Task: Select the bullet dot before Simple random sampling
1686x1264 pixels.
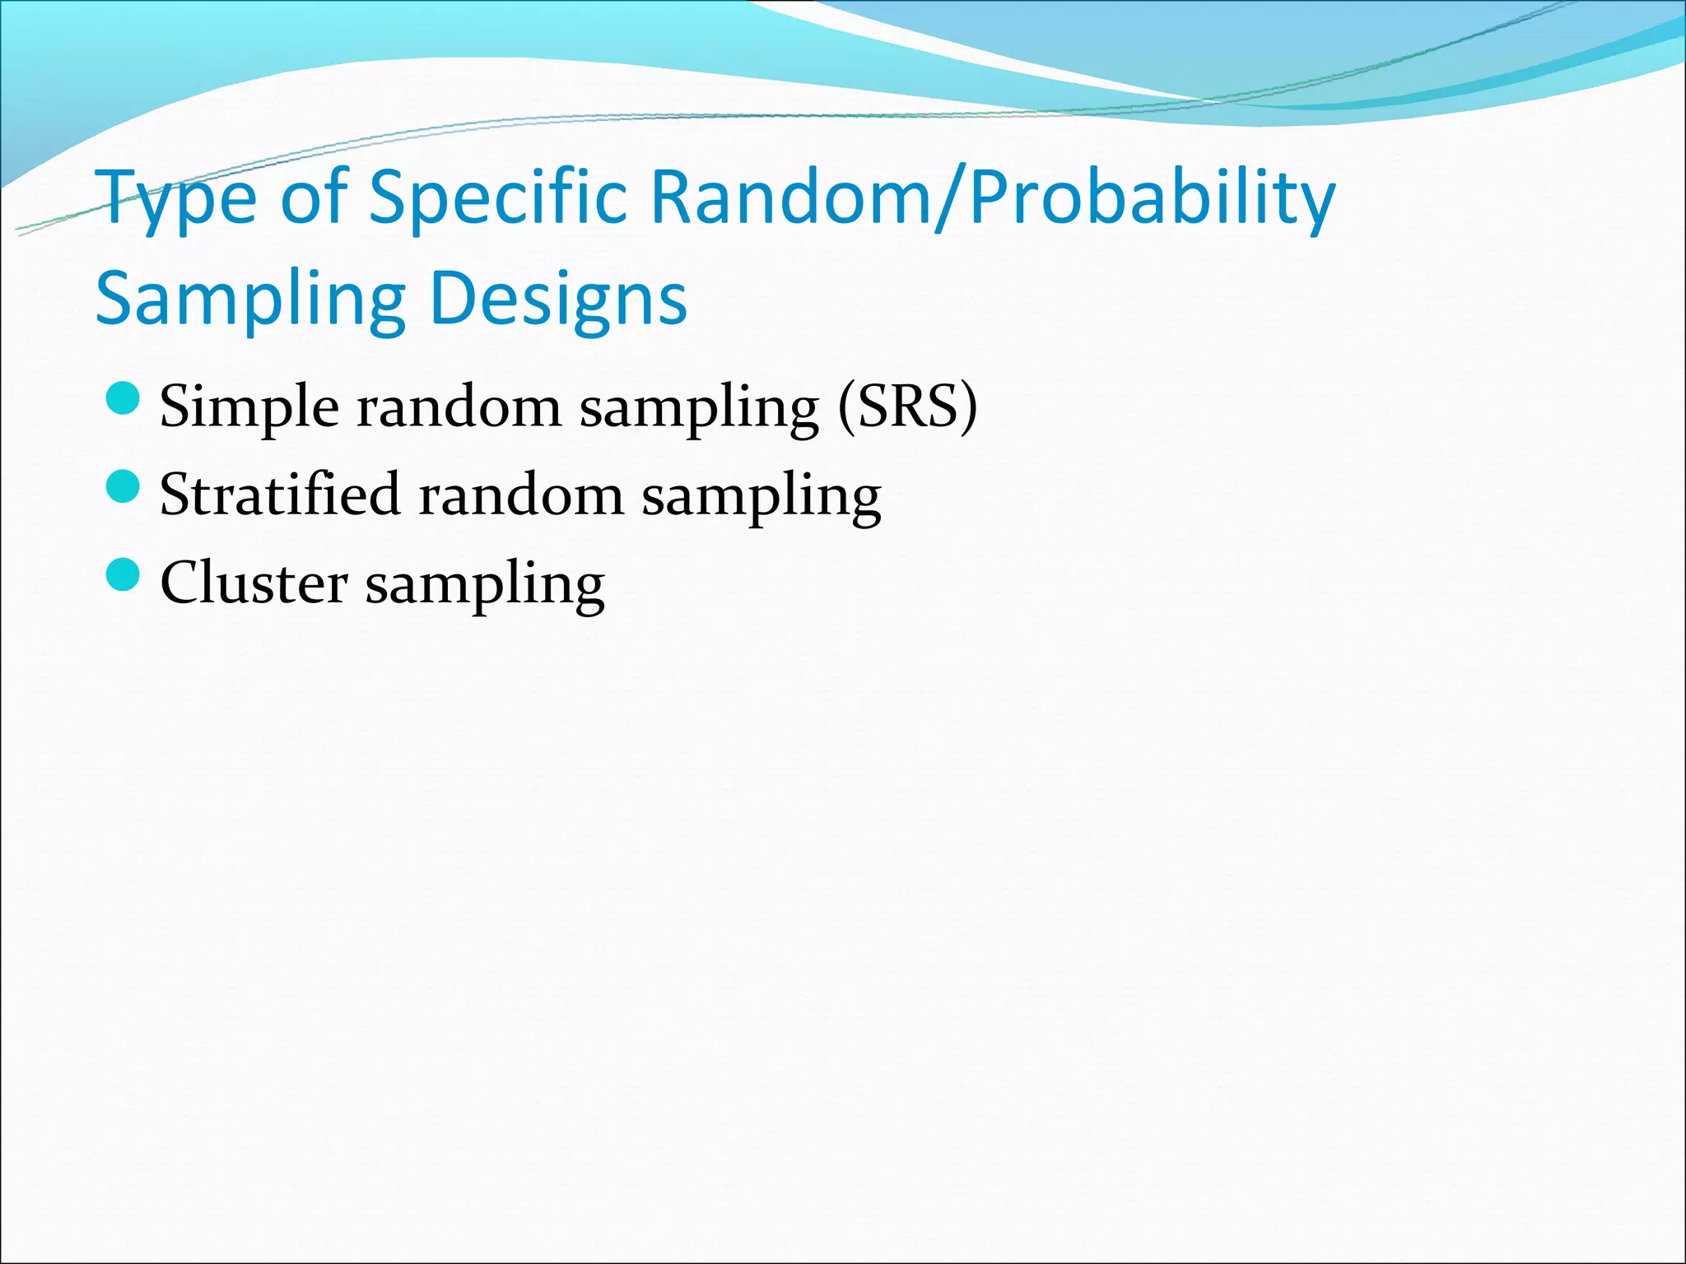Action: [123, 400]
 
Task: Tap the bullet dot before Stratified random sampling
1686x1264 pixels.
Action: [123, 488]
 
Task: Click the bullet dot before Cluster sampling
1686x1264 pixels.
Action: [123, 575]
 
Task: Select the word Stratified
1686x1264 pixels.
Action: [280, 495]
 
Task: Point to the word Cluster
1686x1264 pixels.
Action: [254, 583]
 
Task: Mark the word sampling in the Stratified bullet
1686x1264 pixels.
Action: [761, 499]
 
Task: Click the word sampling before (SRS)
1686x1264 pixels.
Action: [699, 410]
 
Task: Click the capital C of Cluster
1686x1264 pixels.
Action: [179, 583]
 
